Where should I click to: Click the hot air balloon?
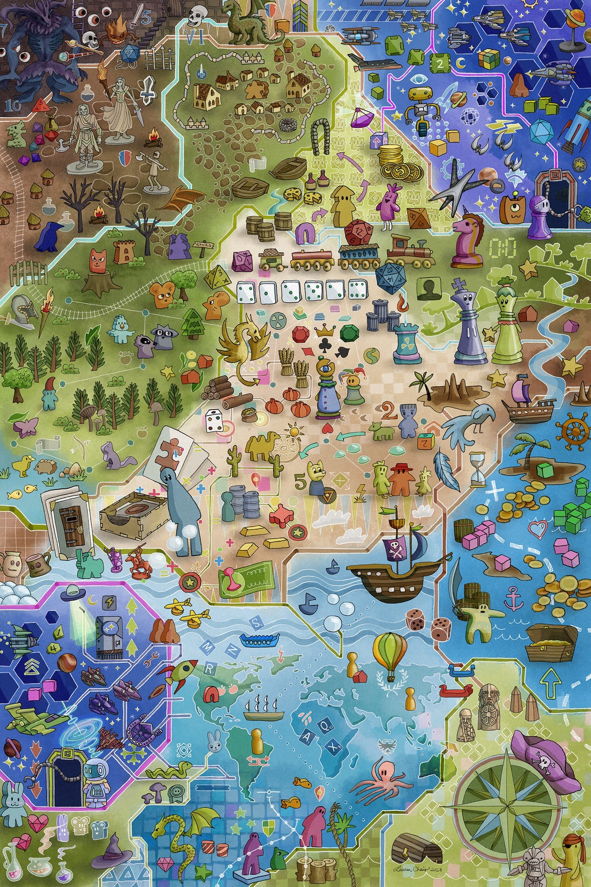(390, 655)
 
